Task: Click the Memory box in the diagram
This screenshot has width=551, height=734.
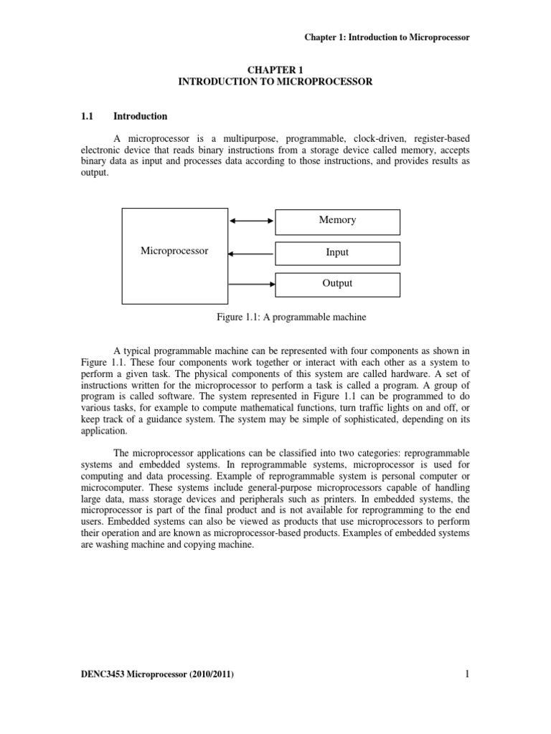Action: tap(337, 221)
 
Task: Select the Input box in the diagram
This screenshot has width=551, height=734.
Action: tap(337, 253)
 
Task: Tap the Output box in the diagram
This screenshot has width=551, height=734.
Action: tap(337, 284)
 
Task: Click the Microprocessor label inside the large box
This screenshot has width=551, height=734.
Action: tap(174, 251)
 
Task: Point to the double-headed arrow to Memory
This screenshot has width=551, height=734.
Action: tap(251, 221)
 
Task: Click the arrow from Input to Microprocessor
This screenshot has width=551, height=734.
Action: tap(251, 253)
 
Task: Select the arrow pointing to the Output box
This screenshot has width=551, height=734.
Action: tap(251, 284)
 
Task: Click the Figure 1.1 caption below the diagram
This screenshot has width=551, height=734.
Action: tap(275, 316)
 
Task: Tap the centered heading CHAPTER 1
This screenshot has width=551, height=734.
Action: tap(275, 70)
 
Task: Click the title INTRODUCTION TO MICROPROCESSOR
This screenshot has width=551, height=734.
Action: tap(275, 82)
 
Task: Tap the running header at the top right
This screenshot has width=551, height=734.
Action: tap(387, 37)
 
